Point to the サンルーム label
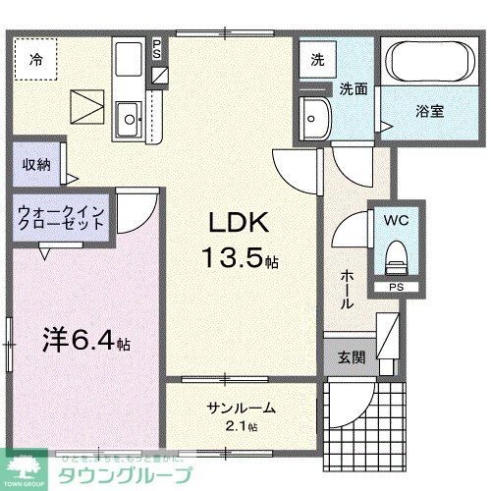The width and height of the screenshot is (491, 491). click(242, 409)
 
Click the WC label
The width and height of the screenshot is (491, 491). click(397, 220)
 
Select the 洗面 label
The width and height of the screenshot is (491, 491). click(354, 88)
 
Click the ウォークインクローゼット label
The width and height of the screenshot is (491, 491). click(61, 216)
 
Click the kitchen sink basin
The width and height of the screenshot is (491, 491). click(129, 121)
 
